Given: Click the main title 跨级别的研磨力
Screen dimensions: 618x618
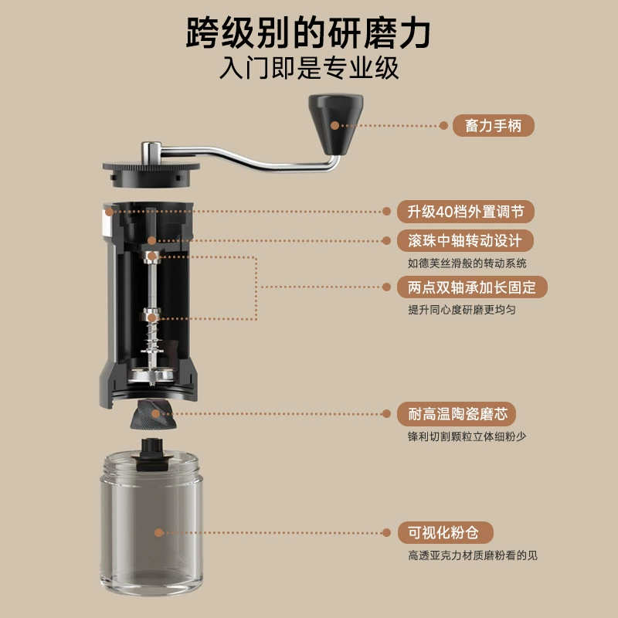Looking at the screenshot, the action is [x=308, y=33].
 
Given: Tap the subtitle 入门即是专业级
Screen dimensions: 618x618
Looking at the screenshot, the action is [x=309, y=68].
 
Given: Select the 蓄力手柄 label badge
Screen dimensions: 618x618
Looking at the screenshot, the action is [x=493, y=126].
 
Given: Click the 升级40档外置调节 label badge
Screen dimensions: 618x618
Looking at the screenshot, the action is [x=466, y=212].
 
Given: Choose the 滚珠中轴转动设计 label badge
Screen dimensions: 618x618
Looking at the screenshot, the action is [x=465, y=240].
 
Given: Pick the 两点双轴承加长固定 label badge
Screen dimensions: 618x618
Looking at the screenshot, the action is [x=472, y=287].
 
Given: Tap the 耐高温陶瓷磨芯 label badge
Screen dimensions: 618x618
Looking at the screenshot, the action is [x=457, y=414].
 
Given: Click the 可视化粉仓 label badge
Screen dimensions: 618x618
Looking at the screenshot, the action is [x=445, y=533].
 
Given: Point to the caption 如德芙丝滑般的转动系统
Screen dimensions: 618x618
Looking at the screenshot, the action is [x=467, y=263].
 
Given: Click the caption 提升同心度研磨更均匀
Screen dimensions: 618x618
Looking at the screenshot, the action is [x=461, y=310].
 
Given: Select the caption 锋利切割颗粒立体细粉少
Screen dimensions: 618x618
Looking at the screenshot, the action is [x=467, y=436].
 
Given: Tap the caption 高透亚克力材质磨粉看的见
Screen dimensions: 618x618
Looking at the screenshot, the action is [x=473, y=555].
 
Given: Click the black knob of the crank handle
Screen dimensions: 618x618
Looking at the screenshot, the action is [x=335, y=124].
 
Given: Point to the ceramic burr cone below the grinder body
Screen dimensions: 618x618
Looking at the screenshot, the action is [x=153, y=414].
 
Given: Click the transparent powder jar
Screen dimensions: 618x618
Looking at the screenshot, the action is [x=151, y=525].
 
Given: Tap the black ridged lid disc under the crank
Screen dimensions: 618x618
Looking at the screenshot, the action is [x=151, y=173].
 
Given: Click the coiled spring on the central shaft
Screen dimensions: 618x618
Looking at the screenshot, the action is [x=152, y=337].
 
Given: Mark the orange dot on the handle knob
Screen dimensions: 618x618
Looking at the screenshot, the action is [x=335, y=126].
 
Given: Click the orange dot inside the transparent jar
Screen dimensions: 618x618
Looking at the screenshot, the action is [x=159, y=533].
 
